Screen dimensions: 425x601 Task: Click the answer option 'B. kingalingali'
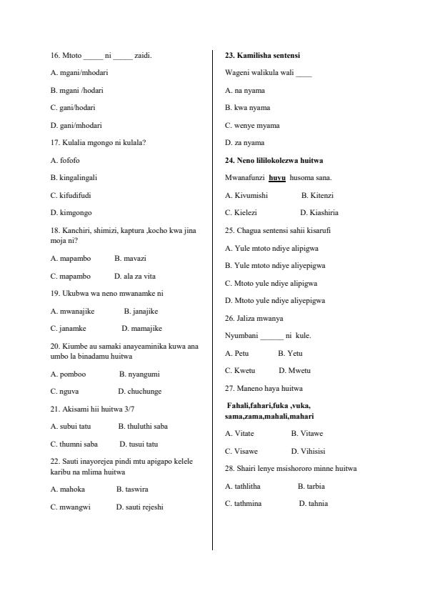click(x=74, y=177)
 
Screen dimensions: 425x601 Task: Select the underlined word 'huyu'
click(x=277, y=178)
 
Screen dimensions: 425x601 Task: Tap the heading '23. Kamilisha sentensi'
click(x=262, y=55)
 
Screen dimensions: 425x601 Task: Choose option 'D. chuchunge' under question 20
click(x=140, y=392)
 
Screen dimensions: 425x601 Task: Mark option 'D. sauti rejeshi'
click(x=139, y=507)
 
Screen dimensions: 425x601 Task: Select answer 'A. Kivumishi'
click(x=246, y=195)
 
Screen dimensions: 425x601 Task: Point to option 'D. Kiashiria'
click(x=319, y=212)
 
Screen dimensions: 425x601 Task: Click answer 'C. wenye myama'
click(x=252, y=125)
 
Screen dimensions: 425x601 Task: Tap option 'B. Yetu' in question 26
click(x=290, y=353)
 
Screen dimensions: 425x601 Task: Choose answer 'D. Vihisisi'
click(x=308, y=451)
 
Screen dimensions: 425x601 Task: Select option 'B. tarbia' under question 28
click(x=311, y=486)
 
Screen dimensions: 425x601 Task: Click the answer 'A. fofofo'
click(x=65, y=160)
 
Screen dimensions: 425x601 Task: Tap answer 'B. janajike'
click(x=141, y=311)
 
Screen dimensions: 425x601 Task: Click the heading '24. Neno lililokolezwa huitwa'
click(x=274, y=160)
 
